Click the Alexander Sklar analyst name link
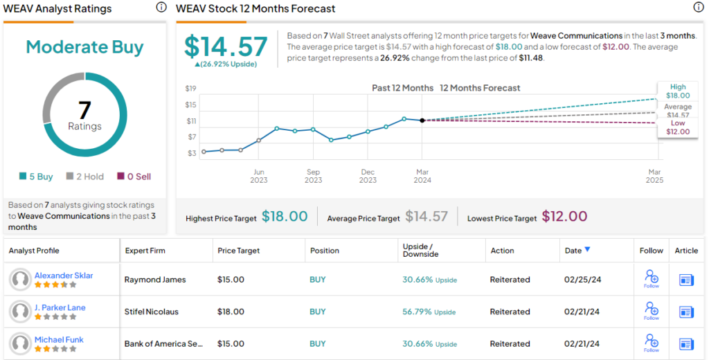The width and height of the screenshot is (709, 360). [64, 276]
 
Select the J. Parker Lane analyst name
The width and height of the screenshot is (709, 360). [60, 307]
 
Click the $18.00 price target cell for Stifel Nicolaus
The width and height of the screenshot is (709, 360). [231, 312]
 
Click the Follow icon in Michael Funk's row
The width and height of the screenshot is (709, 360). [651, 341]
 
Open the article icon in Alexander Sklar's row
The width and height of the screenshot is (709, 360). [686, 280]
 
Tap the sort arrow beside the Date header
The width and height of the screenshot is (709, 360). [588, 250]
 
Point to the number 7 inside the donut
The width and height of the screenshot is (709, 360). [84, 110]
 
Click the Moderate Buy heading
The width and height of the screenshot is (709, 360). [84, 47]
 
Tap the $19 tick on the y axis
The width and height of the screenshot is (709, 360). [190, 88]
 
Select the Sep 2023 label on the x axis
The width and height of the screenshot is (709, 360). [313, 176]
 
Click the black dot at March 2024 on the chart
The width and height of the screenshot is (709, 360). [422, 120]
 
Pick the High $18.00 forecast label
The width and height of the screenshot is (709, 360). [678, 91]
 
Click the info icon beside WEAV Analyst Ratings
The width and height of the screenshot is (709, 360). [161, 8]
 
